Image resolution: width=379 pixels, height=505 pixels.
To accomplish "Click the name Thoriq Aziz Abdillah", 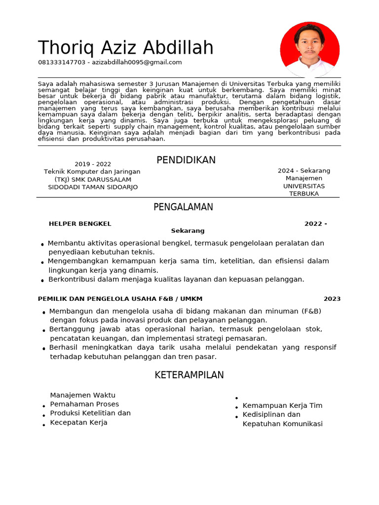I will [x=125, y=48].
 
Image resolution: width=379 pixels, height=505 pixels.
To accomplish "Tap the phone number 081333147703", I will [x=62, y=62].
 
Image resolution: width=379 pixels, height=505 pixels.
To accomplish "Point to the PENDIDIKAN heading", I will [x=186, y=160].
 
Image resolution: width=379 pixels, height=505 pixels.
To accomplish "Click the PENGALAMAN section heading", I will [x=183, y=207].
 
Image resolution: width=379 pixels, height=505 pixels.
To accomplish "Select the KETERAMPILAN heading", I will [x=189, y=375].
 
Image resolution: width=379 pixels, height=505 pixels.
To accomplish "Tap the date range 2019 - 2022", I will [x=93, y=164].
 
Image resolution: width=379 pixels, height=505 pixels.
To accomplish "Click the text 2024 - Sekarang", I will [x=304, y=171].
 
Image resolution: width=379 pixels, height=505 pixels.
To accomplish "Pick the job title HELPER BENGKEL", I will [x=80, y=224].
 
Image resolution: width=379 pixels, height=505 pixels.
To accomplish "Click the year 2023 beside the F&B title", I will [x=332, y=299].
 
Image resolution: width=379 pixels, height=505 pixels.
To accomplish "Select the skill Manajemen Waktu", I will [x=82, y=395].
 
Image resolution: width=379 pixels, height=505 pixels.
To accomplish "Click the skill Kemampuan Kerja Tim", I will [x=282, y=405].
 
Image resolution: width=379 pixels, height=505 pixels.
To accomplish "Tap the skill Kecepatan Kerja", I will [x=78, y=423].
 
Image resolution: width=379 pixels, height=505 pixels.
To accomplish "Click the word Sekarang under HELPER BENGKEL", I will [x=188, y=231].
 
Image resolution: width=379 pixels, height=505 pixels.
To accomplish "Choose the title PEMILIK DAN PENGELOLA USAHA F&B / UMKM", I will [x=120, y=299].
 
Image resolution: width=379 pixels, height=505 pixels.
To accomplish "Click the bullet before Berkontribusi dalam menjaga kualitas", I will [x=43, y=281].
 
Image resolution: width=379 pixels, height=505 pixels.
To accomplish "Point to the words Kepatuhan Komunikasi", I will [x=282, y=424].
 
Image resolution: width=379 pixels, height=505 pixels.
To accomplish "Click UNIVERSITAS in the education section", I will [x=304, y=186].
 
